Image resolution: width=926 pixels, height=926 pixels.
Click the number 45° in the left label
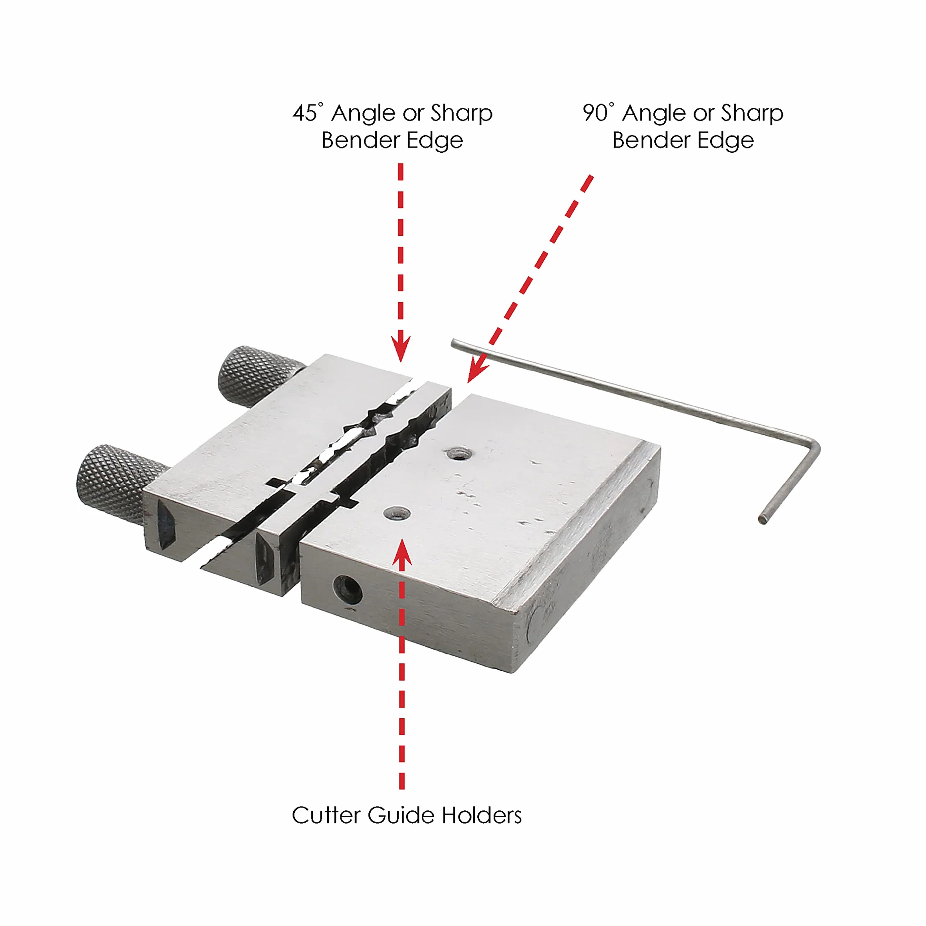[308, 113]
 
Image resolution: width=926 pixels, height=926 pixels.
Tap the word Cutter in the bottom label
[325, 815]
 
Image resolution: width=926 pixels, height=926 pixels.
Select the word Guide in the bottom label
[400, 815]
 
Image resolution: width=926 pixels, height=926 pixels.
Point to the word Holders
[482, 815]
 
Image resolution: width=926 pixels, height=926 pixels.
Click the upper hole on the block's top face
[459, 453]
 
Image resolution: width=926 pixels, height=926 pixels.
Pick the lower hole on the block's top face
[397, 514]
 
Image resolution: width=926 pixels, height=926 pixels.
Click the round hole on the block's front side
[348, 590]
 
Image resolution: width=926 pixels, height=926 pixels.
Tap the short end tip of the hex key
[763, 519]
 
